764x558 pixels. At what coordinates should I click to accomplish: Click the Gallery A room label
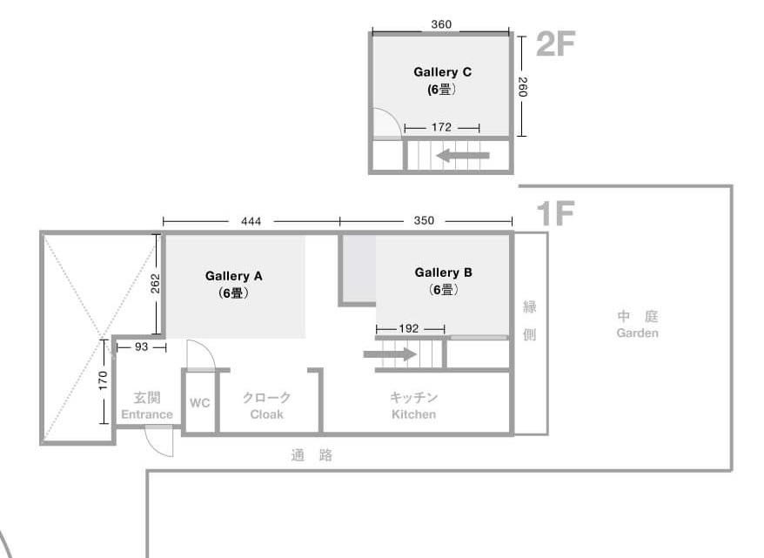(x=234, y=276)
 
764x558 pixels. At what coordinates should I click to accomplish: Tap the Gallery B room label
(x=444, y=272)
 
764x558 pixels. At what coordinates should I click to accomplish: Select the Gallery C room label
(x=442, y=72)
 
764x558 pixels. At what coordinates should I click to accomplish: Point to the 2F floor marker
(x=556, y=44)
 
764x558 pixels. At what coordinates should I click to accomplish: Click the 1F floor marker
(x=555, y=213)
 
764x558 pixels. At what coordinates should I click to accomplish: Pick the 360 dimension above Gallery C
(x=441, y=24)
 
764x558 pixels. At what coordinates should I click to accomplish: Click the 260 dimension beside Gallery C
(x=522, y=87)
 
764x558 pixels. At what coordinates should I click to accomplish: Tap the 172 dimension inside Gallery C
(x=441, y=127)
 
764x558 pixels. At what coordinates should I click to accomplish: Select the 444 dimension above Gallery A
(x=251, y=221)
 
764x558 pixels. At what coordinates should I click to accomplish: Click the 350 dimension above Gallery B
(x=424, y=220)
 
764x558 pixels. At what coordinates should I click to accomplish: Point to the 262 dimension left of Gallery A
(x=156, y=284)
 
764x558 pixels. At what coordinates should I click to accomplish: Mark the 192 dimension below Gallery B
(x=409, y=328)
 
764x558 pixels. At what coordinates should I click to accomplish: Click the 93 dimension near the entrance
(x=141, y=346)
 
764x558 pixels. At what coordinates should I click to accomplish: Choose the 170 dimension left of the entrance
(x=103, y=380)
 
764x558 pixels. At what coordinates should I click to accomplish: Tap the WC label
(x=200, y=403)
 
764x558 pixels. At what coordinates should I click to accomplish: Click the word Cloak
(x=266, y=414)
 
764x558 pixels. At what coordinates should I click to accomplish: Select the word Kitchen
(x=413, y=414)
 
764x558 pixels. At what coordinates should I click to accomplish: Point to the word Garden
(x=637, y=333)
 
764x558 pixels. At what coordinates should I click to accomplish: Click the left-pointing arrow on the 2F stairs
(x=463, y=156)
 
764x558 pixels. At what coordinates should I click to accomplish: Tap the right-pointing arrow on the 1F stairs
(x=391, y=354)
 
